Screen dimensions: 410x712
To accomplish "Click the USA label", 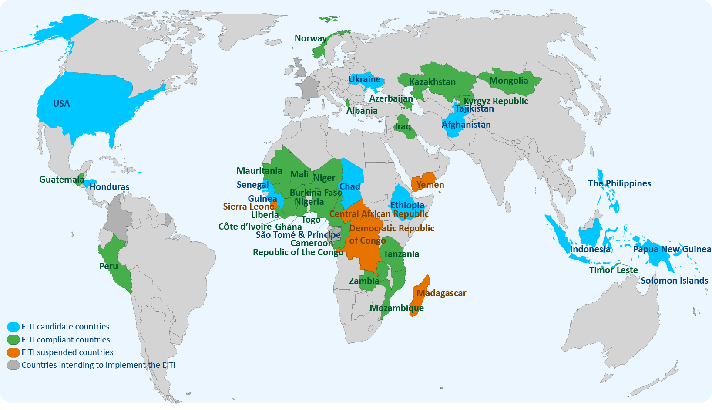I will point(61,104).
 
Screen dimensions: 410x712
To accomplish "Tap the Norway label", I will point(310,38).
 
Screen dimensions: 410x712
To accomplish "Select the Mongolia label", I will point(508,81).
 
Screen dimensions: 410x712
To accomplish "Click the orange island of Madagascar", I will point(420,301).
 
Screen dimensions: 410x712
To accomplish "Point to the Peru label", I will point(108,266).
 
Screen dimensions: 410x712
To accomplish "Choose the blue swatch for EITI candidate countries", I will point(13,327).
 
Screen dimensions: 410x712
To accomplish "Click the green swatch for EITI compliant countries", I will point(13,340).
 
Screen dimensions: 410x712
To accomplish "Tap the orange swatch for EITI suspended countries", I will point(13,352).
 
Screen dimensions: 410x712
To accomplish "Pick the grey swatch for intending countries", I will point(13,365).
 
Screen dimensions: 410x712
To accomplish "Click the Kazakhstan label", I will point(432,82).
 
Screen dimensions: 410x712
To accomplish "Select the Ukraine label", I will point(365,79).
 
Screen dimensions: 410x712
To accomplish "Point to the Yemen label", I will point(430,185).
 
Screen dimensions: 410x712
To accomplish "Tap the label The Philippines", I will point(619,183).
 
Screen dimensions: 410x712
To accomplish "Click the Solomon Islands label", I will point(674,281).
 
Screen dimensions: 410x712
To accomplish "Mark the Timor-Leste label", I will point(613,270).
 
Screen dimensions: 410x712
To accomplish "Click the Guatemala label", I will point(61,180).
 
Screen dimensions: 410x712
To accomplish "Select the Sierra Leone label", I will point(249,207).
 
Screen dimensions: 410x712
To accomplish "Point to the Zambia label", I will point(364,281).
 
